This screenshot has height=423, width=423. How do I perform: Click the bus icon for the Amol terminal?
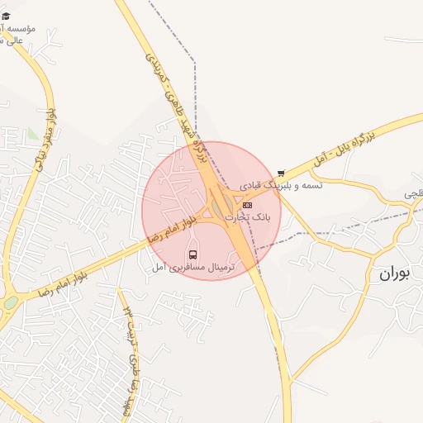tap(193, 254)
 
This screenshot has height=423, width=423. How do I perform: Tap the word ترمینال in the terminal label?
tap(219, 268)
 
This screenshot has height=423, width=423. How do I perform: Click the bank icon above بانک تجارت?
tap(247, 205)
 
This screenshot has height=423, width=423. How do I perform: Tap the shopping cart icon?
tap(281, 173)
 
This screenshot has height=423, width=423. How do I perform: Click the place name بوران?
tap(395, 273)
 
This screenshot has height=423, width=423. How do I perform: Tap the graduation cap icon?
tap(6, 16)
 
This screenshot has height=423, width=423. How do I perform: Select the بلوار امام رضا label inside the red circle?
tap(173, 230)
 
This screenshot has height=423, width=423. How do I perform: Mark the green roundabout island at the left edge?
tap(10, 302)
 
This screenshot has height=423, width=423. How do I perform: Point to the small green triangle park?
tap(32, 132)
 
